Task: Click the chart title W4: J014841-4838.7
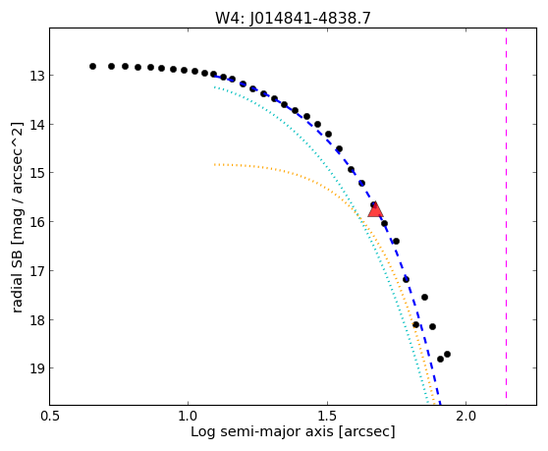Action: pyautogui.click(x=293, y=18)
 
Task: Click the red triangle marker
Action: pyautogui.click(x=375, y=209)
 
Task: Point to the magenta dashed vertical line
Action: pyautogui.click(x=506, y=213)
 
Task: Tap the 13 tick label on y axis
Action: pyautogui.click(x=36, y=76)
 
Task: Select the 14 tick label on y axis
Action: pyautogui.click(x=36, y=125)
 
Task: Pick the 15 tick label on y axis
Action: pyautogui.click(x=36, y=173)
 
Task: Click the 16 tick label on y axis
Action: pyautogui.click(x=36, y=222)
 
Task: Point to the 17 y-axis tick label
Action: pyautogui.click(x=36, y=270)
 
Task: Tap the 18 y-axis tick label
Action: pyautogui.click(x=36, y=319)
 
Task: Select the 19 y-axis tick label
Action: pyautogui.click(x=36, y=368)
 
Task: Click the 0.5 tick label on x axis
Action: pyautogui.click(x=50, y=416)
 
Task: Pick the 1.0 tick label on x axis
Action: pyautogui.click(x=188, y=416)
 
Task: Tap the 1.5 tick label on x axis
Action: pyautogui.click(x=327, y=416)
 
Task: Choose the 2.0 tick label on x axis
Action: pyautogui.click(x=466, y=416)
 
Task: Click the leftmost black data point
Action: pyautogui.click(x=92, y=67)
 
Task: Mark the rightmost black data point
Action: pyautogui.click(x=447, y=354)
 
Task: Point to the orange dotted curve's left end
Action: pyautogui.click(x=215, y=164)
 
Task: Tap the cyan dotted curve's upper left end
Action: pyautogui.click(x=215, y=87)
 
